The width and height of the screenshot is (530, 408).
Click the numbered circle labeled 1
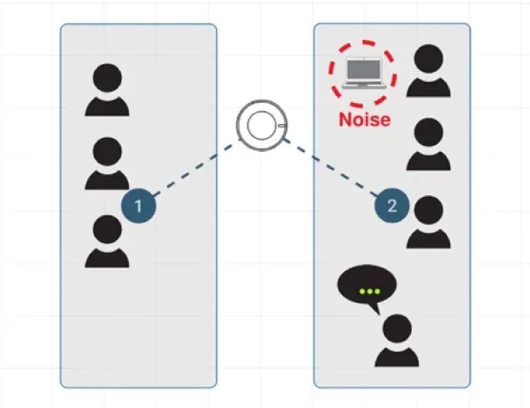pyautogui.click(x=139, y=206)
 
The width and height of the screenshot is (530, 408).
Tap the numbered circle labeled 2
pyautogui.click(x=391, y=206)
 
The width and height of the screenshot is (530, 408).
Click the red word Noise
pyautogui.click(x=364, y=120)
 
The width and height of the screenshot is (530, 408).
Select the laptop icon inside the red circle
pyautogui.click(x=362, y=74)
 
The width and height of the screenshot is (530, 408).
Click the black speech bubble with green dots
pyautogui.click(x=367, y=289)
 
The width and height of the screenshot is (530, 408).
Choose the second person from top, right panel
pyautogui.click(x=428, y=145)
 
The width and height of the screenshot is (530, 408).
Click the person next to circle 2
pyautogui.click(x=428, y=222)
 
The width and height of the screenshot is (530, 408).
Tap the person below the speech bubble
pyautogui.click(x=397, y=341)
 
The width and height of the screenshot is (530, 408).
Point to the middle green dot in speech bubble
pyautogui.click(x=369, y=290)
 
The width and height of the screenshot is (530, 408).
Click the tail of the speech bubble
pyautogui.click(x=374, y=309)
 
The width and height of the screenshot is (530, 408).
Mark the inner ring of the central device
pyautogui.click(x=261, y=125)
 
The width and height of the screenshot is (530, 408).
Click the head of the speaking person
pyautogui.click(x=397, y=328)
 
